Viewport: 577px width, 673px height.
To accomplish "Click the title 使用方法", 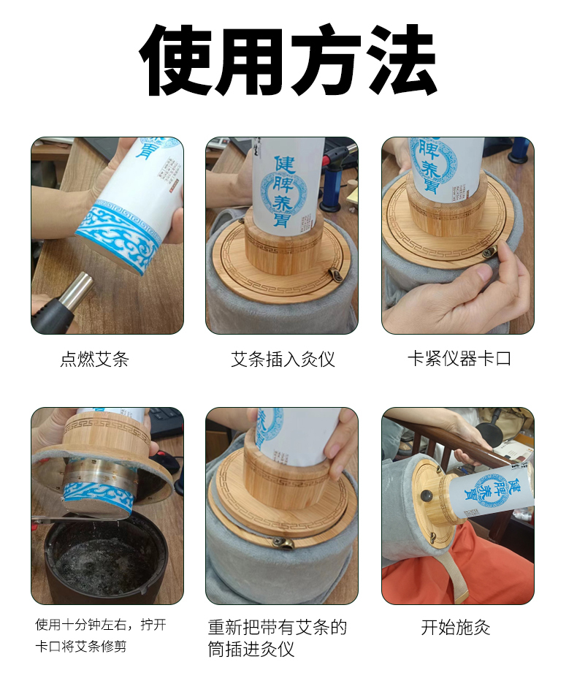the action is pos(288,59).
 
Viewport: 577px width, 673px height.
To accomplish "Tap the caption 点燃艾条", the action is pos(94,360).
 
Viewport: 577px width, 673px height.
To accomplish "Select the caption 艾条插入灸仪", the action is pos(283,360).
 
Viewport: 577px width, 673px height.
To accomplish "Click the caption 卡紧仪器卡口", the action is pos(459,358).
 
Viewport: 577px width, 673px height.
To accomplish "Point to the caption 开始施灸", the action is pos(455,628).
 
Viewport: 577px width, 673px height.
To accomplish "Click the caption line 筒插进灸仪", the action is pos(251,649).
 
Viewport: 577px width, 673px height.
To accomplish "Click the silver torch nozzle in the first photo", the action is pos(77,289).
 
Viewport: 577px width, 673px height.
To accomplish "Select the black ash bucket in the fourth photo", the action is pos(107,558).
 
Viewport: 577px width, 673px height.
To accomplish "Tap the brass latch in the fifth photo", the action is pos(284,544).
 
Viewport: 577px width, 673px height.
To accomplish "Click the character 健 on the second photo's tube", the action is pos(284,165).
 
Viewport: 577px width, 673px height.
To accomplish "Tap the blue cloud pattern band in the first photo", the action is pos(119,235).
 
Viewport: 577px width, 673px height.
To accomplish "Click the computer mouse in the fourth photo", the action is pos(169,463).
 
